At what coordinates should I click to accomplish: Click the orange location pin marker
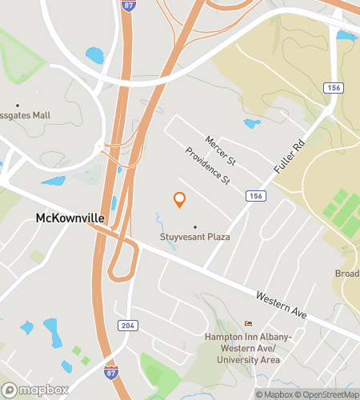pyautogui.click(x=180, y=200)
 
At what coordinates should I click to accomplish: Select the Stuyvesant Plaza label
pyautogui.click(x=195, y=238)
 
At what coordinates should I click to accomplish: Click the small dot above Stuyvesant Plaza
pyautogui.click(x=194, y=227)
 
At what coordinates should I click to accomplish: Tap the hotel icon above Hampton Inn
pyautogui.click(x=247, y=323)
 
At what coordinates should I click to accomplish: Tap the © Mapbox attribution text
pyautogui.click(x=273, y=394)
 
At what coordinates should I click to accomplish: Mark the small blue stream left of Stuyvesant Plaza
pyautogui.click(x=160, y=218)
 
